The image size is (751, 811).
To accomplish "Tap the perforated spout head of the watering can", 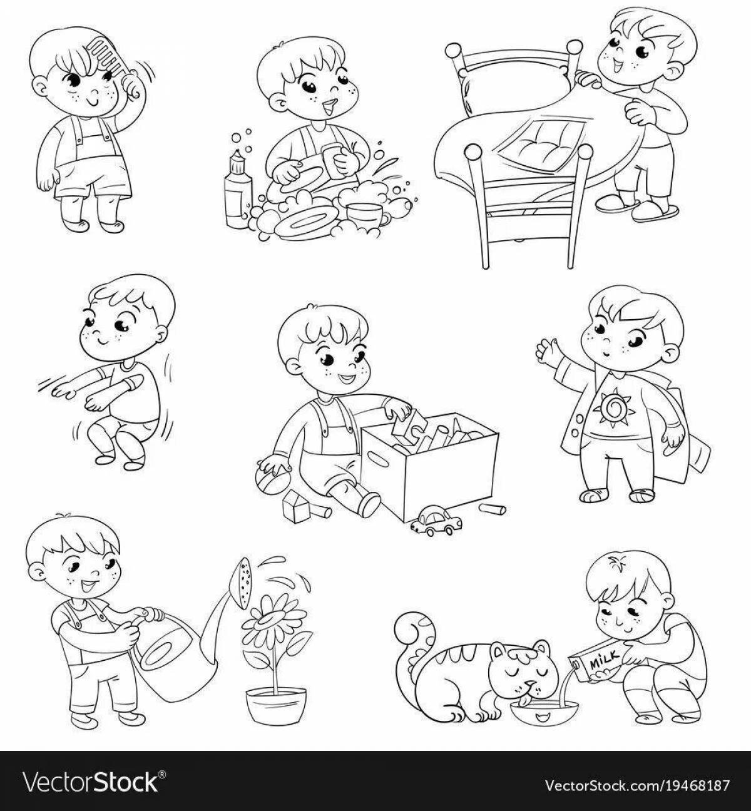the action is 243,581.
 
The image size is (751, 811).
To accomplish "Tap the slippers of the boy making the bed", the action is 637,206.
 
